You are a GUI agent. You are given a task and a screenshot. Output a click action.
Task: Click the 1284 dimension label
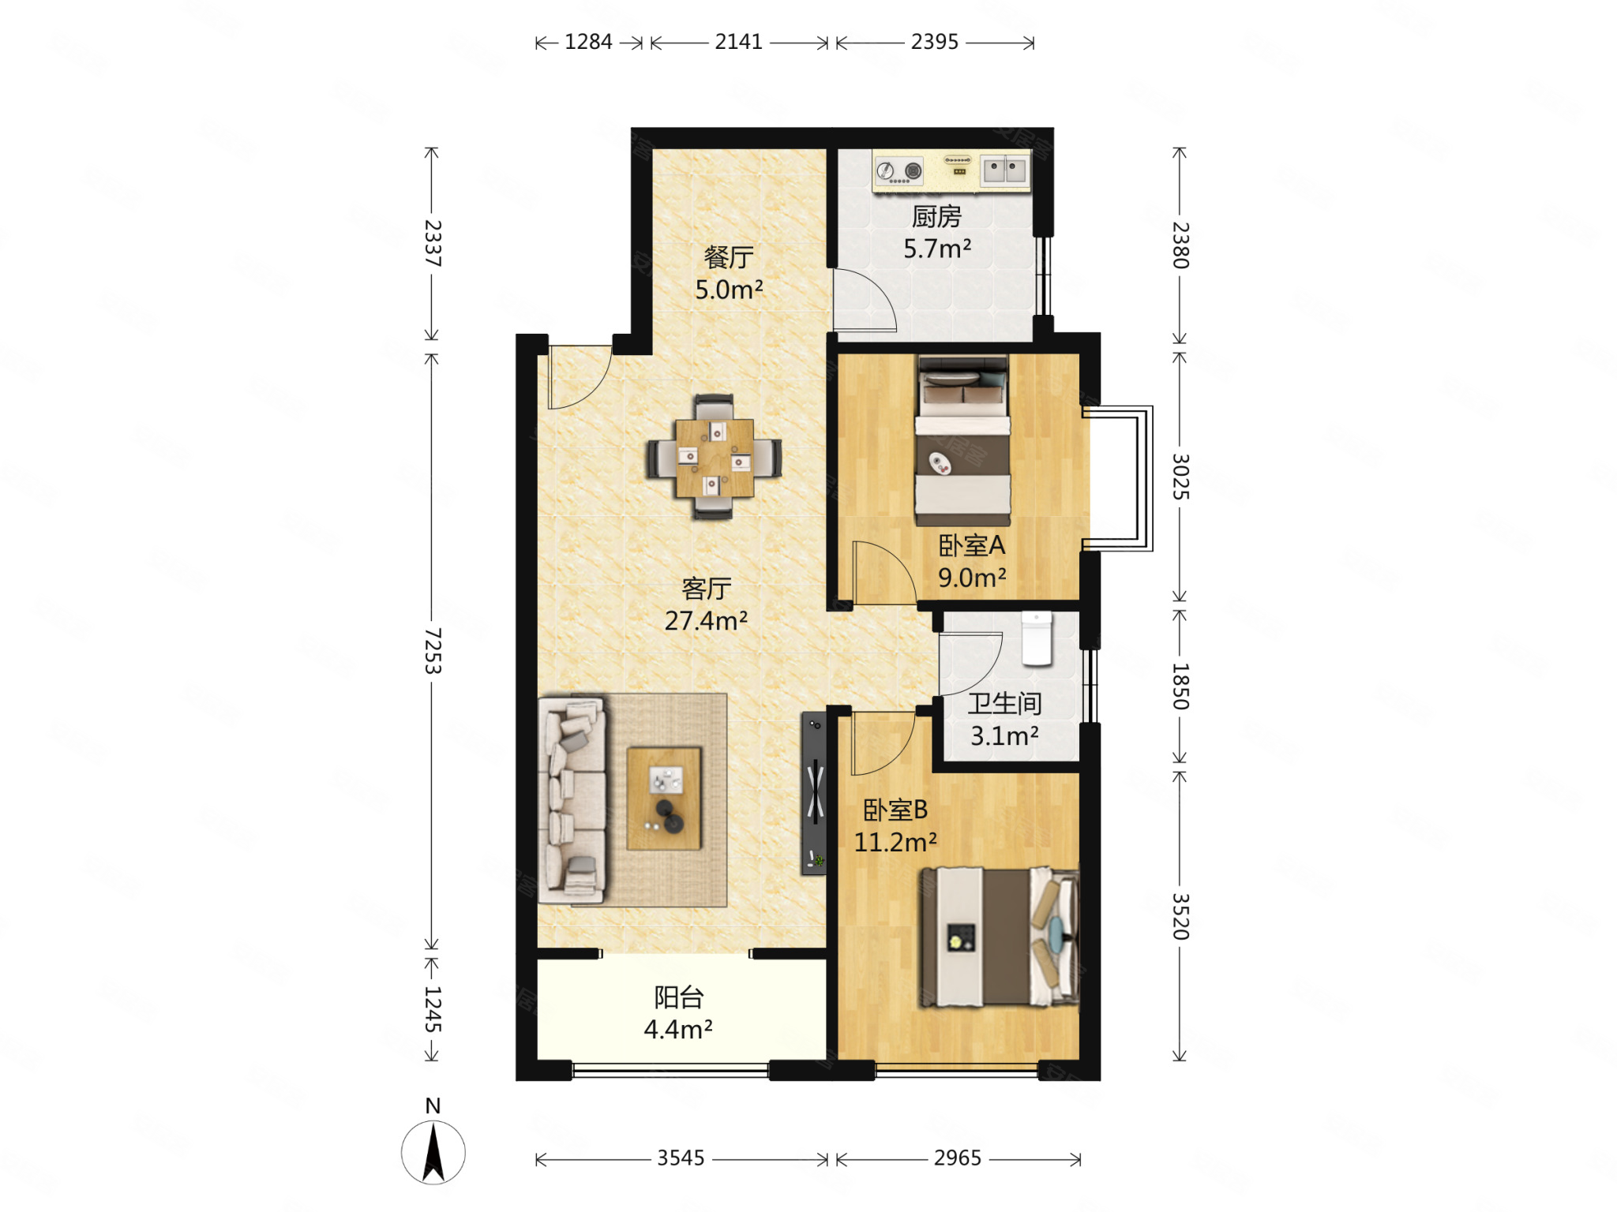[588, 42]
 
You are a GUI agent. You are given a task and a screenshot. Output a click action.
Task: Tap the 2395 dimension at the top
[935, 42]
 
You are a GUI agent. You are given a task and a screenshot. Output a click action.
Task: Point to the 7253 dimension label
[433, 651]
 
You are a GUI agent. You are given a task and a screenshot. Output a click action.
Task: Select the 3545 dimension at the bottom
[681, 1158]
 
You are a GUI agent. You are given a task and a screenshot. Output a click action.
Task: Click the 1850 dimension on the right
[1180, 686]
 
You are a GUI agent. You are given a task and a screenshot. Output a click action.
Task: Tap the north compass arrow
[433, 1153]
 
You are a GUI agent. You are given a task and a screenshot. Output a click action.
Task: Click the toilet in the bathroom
[1037, 638]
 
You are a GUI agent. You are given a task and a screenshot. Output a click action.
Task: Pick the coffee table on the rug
[664, 799]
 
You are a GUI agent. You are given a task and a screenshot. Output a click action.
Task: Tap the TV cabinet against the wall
[815, 793]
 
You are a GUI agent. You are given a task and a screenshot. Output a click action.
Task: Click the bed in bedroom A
[962, 440]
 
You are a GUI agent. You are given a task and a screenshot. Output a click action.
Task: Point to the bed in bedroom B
[1000, 937]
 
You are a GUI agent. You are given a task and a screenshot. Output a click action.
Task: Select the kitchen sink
[1004, 170]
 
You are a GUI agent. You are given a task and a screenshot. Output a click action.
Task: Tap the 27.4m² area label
[706, 621]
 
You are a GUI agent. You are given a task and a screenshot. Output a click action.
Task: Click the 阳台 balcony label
[678, 997]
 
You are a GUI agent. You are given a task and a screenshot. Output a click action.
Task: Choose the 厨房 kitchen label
[937, 216]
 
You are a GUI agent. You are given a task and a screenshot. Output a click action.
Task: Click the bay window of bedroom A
[1117, 478]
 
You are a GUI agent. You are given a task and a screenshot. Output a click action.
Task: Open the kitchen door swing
[865, 300]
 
